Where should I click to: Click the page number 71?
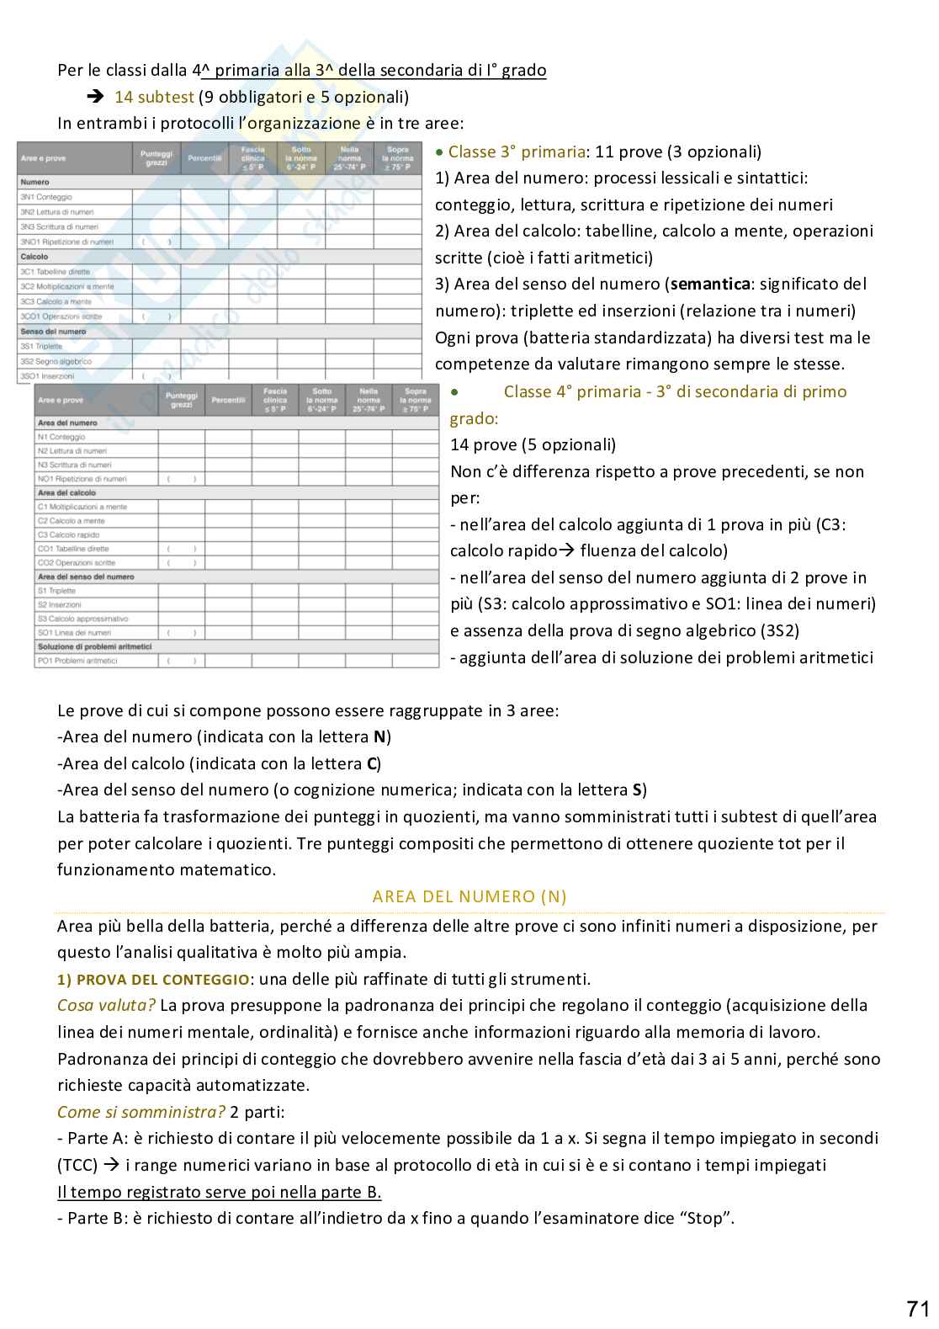click(917, 1309)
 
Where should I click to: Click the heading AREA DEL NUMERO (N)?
click(469, 896)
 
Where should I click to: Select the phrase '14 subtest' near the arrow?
click(154, 97)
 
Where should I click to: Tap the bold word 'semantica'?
click(709, 284)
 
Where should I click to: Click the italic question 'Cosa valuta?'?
click(106, 1005)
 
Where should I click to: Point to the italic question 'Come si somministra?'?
click(141, 1112)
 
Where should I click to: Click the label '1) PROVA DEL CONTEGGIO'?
click(153, 979)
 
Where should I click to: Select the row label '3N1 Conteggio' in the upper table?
click(46, 197)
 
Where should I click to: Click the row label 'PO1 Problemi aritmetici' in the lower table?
click(77, 661)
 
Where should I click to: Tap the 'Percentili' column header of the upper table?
click(204, 158)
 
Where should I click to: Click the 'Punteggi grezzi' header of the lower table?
click(182, 400)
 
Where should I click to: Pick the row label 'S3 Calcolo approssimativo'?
click(82, 619)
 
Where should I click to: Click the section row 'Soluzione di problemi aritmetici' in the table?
click(94, 646)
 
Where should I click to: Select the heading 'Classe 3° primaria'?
click(516, 152)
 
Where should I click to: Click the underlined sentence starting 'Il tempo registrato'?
click(219, 1192)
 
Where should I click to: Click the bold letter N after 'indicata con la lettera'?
click(379, 737)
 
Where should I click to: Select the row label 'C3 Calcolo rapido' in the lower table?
click(68, 534)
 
